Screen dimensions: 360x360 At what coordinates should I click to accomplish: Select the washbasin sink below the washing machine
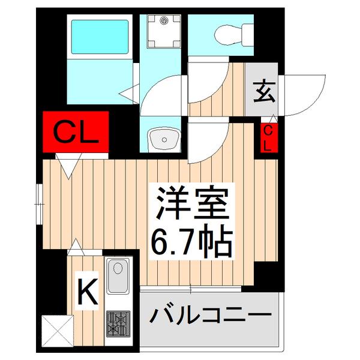click(163, 139)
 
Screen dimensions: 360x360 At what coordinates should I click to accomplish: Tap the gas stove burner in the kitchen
click(119, 323)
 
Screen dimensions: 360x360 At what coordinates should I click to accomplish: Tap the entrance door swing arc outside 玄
click(309, 96)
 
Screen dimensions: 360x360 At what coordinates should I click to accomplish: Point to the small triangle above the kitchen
click(76, 245)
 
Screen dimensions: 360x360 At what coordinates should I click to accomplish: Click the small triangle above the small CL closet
click(273, 118)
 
